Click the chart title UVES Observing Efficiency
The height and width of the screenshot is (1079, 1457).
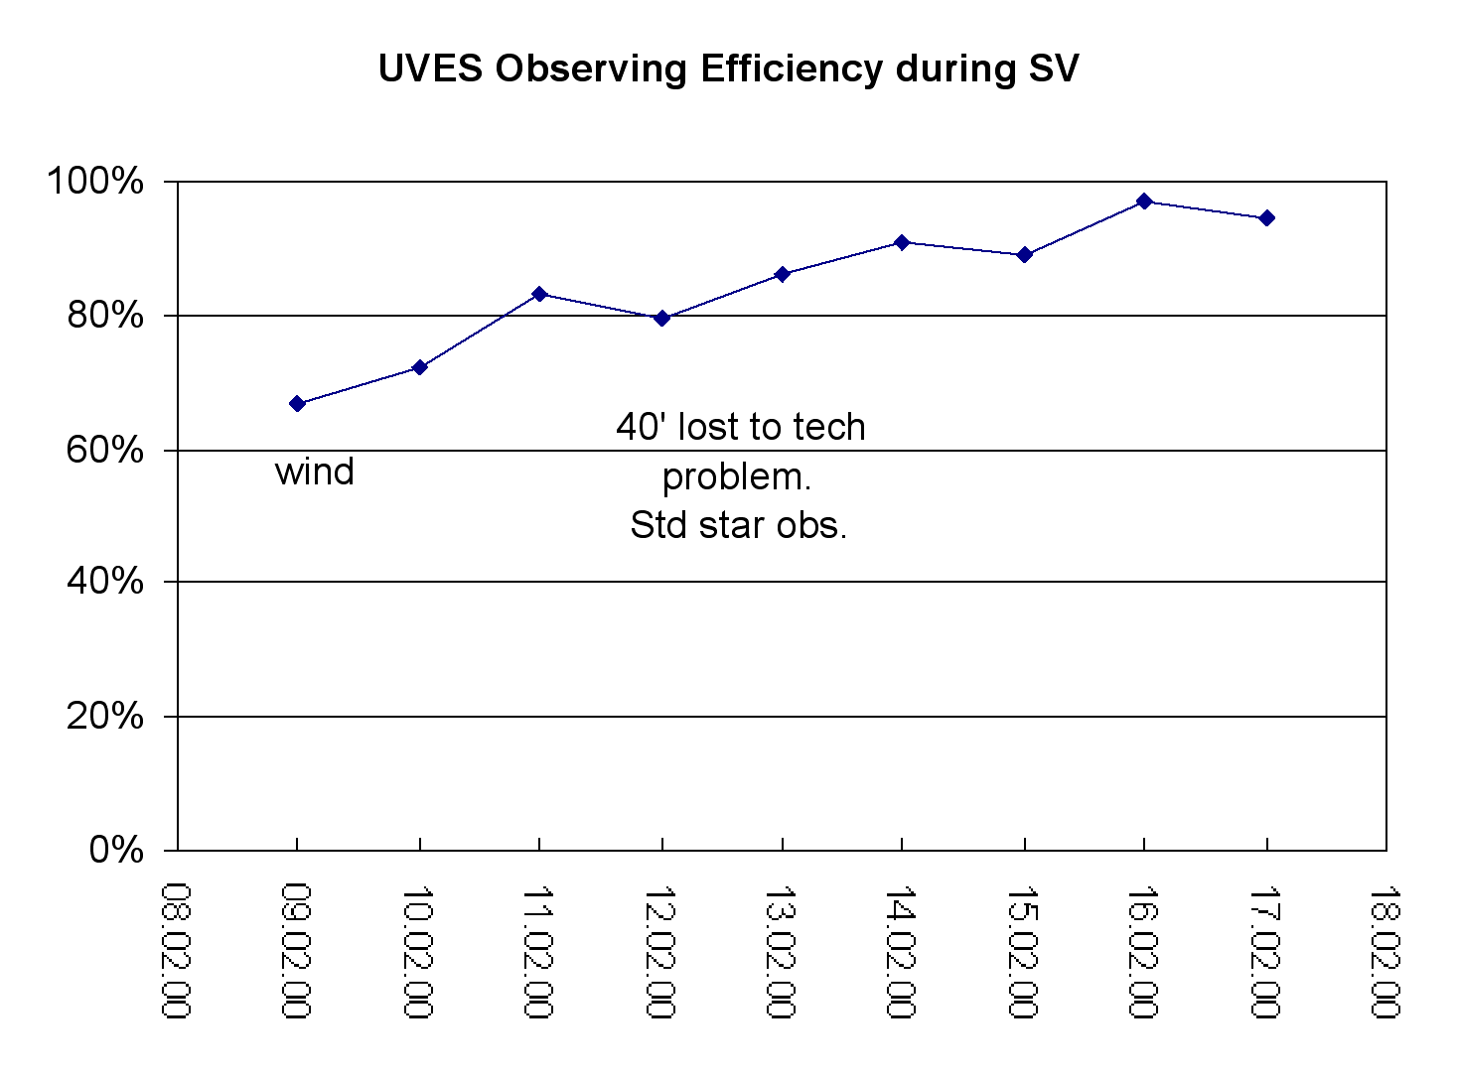pos(728,68)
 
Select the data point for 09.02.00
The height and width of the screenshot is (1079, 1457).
pos(297,403)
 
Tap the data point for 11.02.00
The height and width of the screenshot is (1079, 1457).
pos(539,294)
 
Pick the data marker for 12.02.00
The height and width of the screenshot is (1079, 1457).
pos(661,318)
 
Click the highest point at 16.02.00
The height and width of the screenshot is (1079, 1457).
pos(1144,202)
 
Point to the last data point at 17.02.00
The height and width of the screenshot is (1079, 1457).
pos(1266,217)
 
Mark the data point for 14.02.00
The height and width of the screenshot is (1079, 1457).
pos(902,242)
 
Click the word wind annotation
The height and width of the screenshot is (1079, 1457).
pos(315,472)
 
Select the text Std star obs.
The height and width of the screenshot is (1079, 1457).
pos(738,525)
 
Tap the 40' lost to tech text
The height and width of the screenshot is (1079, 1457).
pos(741,427)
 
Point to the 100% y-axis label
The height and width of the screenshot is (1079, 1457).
pos(95,182)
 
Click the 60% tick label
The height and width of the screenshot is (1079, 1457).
pos(105,450)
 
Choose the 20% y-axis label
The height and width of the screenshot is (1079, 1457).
pos(105,716)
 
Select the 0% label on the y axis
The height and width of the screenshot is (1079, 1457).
pos(116,850)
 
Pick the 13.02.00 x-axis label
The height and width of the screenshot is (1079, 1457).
pos(781,950)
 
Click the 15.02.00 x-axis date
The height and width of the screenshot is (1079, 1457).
pos(1022,950)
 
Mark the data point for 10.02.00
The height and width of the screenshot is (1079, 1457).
pos(419,367)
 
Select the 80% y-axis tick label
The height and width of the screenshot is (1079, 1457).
pos(105,316)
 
